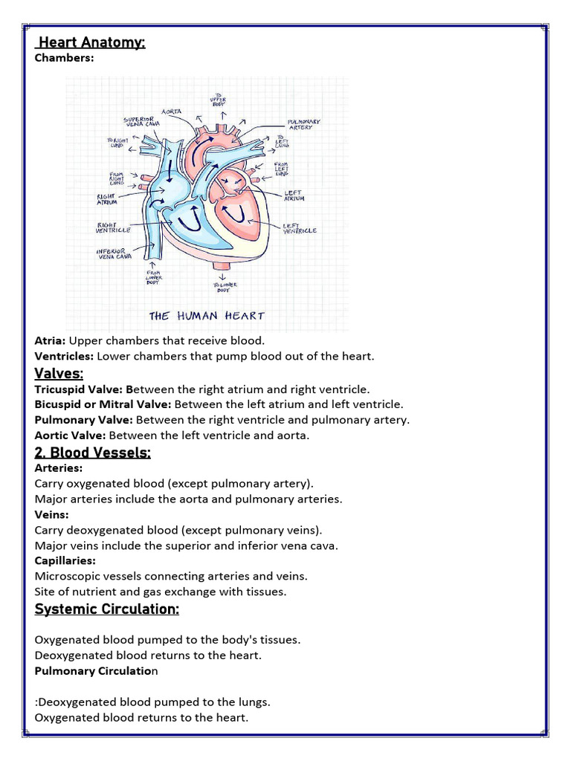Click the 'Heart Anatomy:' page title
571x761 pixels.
(91, 42)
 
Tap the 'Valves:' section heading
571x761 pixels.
(59, 372)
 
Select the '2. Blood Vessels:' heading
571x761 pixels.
(92, 453)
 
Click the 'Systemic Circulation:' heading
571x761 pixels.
(106, 609)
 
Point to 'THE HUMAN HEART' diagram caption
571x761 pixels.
(207, 316)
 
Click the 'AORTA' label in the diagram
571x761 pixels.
(172, 111)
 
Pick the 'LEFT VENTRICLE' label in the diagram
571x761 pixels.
(300, 228)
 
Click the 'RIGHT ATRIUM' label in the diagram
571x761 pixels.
(108, 200)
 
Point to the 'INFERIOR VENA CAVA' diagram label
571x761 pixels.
(114, 254)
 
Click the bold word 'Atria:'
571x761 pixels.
(50, 340)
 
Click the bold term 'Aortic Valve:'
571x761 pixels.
(70, 435)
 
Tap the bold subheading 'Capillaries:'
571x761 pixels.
(65, 560)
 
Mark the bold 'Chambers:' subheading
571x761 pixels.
(64, 57)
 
